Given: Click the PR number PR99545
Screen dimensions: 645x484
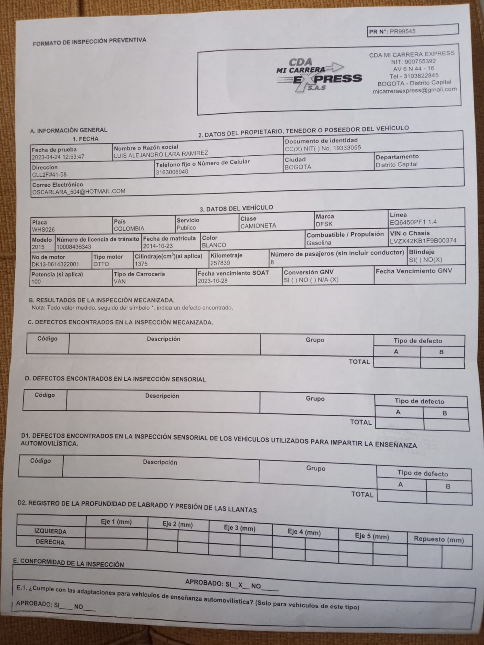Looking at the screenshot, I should [x=402, y=31].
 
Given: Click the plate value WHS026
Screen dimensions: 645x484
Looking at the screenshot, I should [x=43, y=230].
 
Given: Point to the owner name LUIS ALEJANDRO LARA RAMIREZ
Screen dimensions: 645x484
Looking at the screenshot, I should [x=161, y=154].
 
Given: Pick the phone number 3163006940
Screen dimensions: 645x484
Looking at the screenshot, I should [x=172, y=172].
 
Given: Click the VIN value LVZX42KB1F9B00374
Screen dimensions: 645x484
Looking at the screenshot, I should [x=423, y=241].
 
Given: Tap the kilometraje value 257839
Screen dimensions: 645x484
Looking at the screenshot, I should [x=220, y=263].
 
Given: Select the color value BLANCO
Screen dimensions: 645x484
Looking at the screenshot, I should [x=214, y=245].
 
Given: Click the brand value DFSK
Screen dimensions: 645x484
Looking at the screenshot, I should [x=324, y=224].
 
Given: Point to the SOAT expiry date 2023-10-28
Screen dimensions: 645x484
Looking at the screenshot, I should [x=213, y=281].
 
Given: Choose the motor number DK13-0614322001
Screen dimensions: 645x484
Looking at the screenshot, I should [x=55, y=265].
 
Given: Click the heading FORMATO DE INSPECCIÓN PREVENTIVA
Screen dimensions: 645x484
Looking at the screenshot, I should [x=90, y=41].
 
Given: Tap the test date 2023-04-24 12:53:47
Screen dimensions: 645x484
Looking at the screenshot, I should [x=58, y=157].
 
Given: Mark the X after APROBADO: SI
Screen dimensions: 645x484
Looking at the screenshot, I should [x=240, y=584].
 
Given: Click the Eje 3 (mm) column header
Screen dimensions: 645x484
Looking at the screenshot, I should [x=240, y=528].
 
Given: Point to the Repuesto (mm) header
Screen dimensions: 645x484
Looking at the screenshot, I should [x=438, y=540].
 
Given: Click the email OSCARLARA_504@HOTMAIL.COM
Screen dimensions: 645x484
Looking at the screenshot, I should [x=79, y=192].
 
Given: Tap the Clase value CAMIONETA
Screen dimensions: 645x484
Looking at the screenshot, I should [x=258, y=226].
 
